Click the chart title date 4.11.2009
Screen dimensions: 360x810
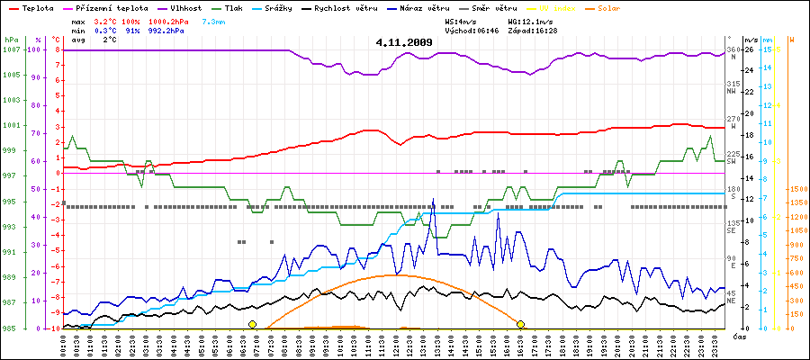pyautogui.click(x=404, y=41)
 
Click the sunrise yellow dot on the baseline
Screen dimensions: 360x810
pyautogui.click(x=252, y=324)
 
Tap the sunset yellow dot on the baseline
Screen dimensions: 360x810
pyautogui.click(x=520, y=324)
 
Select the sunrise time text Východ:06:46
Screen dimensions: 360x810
pyautogui.click(x=472, y=30)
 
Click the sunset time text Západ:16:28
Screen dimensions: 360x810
pyautogui.click(x=532, y=30)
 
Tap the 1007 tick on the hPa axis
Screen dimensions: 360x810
pyautogui.click(x=11, y=49)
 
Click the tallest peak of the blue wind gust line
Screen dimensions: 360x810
pyautogui.click(x=433, y=199)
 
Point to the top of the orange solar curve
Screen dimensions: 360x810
pyautogui.click(x=394, y=274)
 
